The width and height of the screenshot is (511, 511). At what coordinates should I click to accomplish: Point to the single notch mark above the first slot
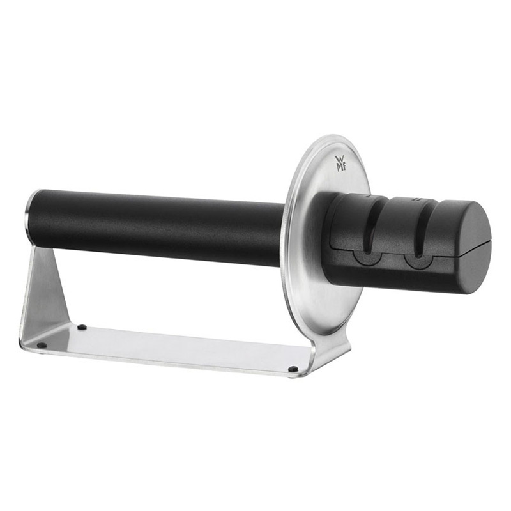click(x=369, y=197)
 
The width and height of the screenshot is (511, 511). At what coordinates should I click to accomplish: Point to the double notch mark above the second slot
click(x=416, y=199)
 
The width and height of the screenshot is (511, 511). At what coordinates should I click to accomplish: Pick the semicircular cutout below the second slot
click(x=418, y=261)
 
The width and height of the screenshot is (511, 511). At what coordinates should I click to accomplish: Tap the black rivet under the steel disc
click(x=292, y=369)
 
